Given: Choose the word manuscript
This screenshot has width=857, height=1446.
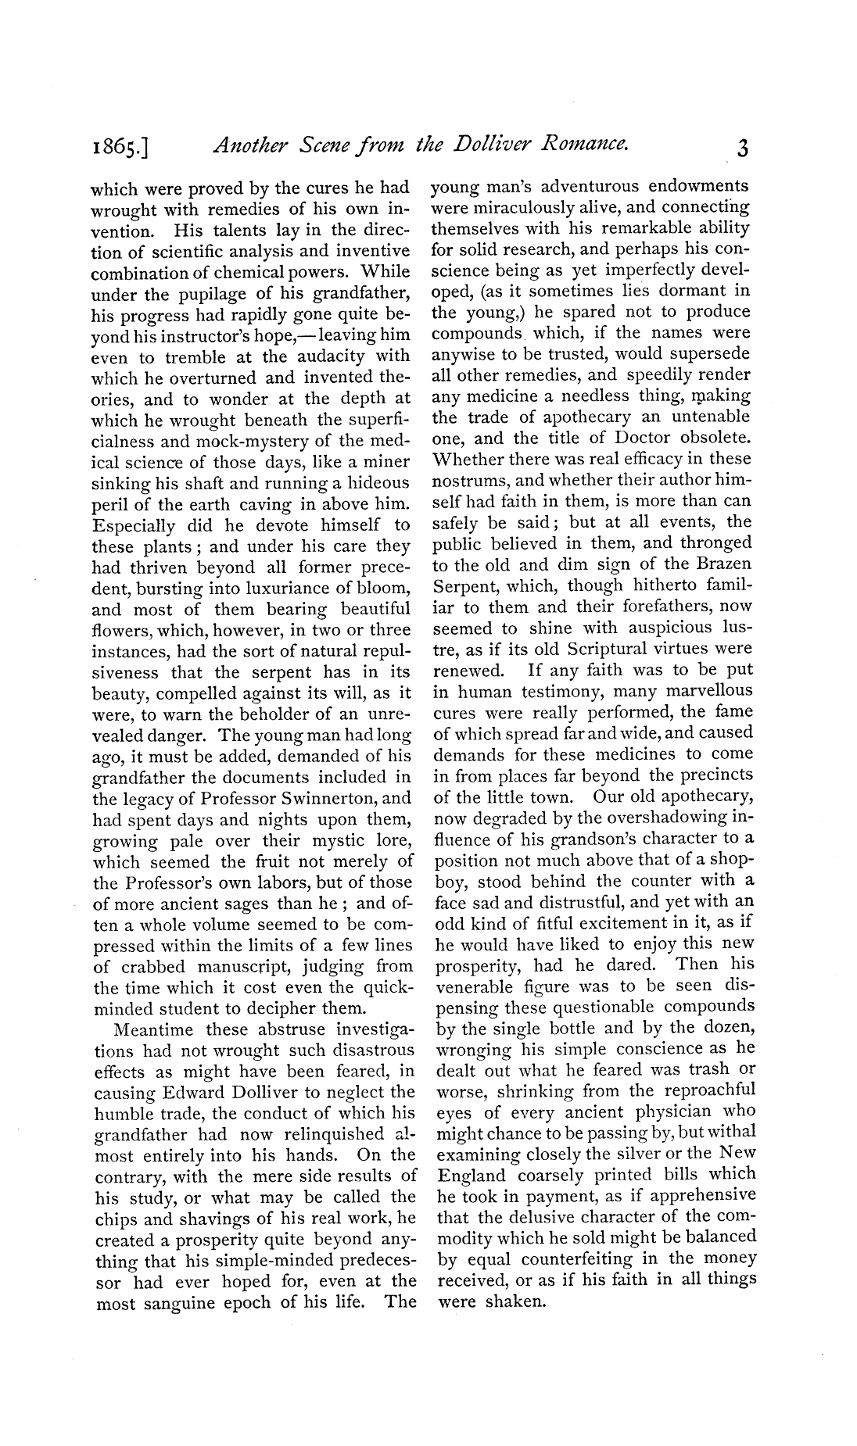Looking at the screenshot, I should pos(251,966).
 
